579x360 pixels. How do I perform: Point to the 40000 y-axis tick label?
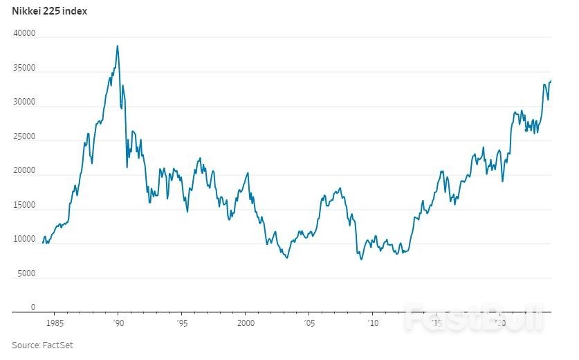pyautogui.click(x=24, y=34)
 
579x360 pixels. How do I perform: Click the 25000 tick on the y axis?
pyautogui.click(x=24, y=137)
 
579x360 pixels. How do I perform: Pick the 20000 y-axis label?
pyautogui.click(x=24, y=171)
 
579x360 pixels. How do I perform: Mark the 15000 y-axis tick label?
pyautogui.click(x=24, y=206)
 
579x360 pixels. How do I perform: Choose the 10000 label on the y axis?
pyautogui.click(x=24, y=240)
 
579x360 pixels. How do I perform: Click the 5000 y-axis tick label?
pyautogui.click(x=26, y=274)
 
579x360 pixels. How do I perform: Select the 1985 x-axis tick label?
pyautogui.click(x=55, y=323)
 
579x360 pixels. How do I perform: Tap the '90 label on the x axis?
pyautogui.click(x=118, y=323)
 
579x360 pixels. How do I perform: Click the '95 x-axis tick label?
pyautogui.click(x=181, y=323)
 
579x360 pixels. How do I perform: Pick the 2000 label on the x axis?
pyautogui.click(x=246, y=323)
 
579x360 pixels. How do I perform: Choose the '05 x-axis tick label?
pyautogui.click(x=309, y=323)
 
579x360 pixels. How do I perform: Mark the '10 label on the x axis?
pyautogui.click(x=372, y=323)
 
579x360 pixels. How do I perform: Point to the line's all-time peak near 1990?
pyautogui.click(x=118, y=46)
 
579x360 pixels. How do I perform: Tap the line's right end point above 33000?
pyautogui.click(x=551, y=80)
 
